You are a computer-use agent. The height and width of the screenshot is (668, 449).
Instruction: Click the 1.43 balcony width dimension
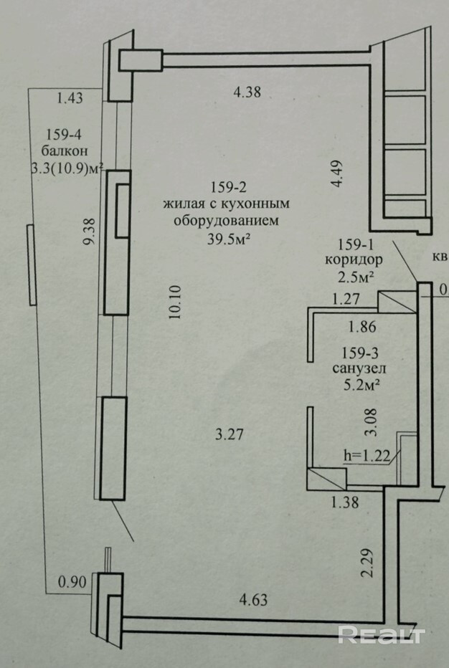pyautogui.click(x=70, y=99)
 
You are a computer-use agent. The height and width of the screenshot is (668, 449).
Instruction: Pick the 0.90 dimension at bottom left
pyautogui.click(x=72, y=582)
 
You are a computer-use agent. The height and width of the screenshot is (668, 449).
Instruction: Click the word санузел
pyautogui.click(x=356, y=370)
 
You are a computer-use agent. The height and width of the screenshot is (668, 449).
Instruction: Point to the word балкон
pyautogui.click(x=64, y=151)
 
